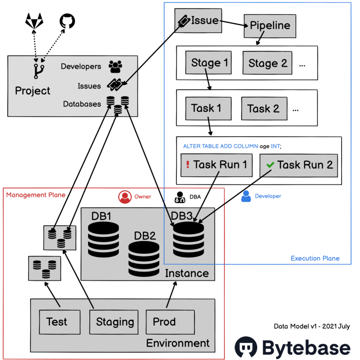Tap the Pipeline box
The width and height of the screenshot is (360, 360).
(x=270, y=26)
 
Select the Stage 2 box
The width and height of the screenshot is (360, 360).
(x=267, y=63)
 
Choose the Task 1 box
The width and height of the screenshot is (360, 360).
(x=206, y=108)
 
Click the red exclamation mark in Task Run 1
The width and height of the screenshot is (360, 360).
(x=188, y=165)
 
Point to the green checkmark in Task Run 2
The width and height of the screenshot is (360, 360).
(x=270, y=165)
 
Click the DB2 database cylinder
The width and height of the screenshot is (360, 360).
(x=144, y=259)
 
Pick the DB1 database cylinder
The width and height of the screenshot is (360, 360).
(x=103, y=239)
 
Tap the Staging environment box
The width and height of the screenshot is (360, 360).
(x=115, y=322)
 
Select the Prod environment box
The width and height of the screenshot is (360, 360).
(x=170, y=322)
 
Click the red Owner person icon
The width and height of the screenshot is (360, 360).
(x=125, y=197)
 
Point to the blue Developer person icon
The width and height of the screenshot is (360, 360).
(x=246, y=196)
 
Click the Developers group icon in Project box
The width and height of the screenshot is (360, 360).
(x=115, y=67)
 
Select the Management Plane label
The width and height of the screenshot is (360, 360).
(x=36, y=194)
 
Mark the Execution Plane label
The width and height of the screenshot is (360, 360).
(x=315, y=258)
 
